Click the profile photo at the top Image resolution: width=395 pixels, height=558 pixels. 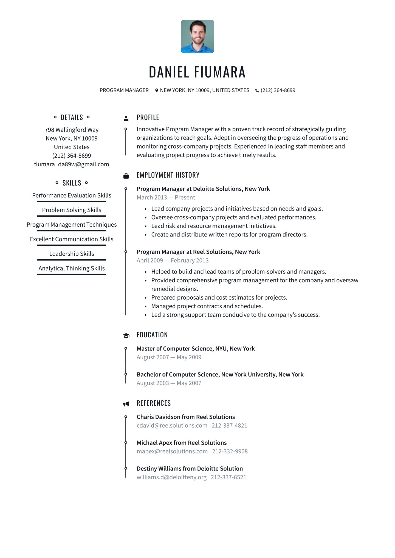(x=197, y=36)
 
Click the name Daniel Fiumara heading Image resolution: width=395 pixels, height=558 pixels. (x=197, y=72)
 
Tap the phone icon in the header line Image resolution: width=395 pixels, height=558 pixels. (x=257, y=91)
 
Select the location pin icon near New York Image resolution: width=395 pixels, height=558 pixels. (x=156, y=90)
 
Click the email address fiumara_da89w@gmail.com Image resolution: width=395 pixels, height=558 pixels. (x=72, y=164)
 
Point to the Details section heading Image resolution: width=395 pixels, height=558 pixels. (x=72, y=117)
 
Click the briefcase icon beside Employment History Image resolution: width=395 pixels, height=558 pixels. (x=126, y=176)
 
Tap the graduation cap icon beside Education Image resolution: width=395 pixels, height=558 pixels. (x=126, y=336)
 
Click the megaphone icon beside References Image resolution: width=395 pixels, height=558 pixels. (x=126, y=404)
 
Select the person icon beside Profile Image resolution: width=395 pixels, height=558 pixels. (x=126, y=118)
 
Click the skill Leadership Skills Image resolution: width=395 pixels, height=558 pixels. (x=72, y=254)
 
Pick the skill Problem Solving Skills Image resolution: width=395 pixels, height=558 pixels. (x=72, y=210)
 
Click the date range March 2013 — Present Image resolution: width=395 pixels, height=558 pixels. (x=166, y=198)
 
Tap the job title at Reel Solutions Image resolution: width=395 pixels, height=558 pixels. (x=198, y=252)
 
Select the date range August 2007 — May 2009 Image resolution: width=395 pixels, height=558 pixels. (x=169, y=357)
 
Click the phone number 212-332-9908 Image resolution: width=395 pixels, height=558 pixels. (x=230, y=451)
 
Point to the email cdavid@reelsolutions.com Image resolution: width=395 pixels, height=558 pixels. (x=172, y=426)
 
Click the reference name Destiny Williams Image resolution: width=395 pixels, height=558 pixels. (x=190, y=469)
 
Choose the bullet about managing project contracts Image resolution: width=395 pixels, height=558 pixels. (x=207, y=306)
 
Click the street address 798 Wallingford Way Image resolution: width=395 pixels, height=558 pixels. (x=72, y=130)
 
